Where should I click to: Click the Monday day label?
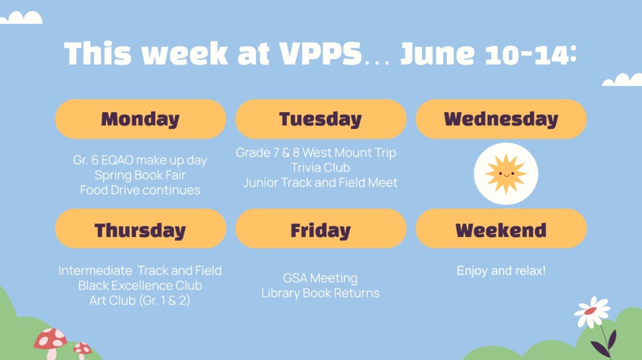(x=140, y=119)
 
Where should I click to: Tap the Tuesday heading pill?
(x=320, y=119)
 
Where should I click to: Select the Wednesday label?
(x=501, y=119)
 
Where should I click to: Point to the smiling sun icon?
(x=506, y=174)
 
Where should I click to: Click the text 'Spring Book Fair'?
(x=140, y=175)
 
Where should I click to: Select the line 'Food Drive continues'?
(x=140, y=190)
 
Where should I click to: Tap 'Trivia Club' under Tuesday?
(x=320, y=167)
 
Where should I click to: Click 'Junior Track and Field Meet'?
(x=320, y=183)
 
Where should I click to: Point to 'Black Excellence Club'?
(x=140, y=285)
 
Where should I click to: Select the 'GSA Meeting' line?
(x=320, y=278)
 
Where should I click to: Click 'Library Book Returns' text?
(x=320, y=294)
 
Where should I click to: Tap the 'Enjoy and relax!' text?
(x=501, y=271)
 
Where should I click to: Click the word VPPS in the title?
(x=320, y=53)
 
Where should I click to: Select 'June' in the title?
(x=437, y=53)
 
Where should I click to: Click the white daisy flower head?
(x=592, y=312)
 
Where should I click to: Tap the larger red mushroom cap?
(x=50, y=339)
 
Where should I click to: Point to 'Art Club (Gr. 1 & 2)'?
(x=140, y=300)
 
